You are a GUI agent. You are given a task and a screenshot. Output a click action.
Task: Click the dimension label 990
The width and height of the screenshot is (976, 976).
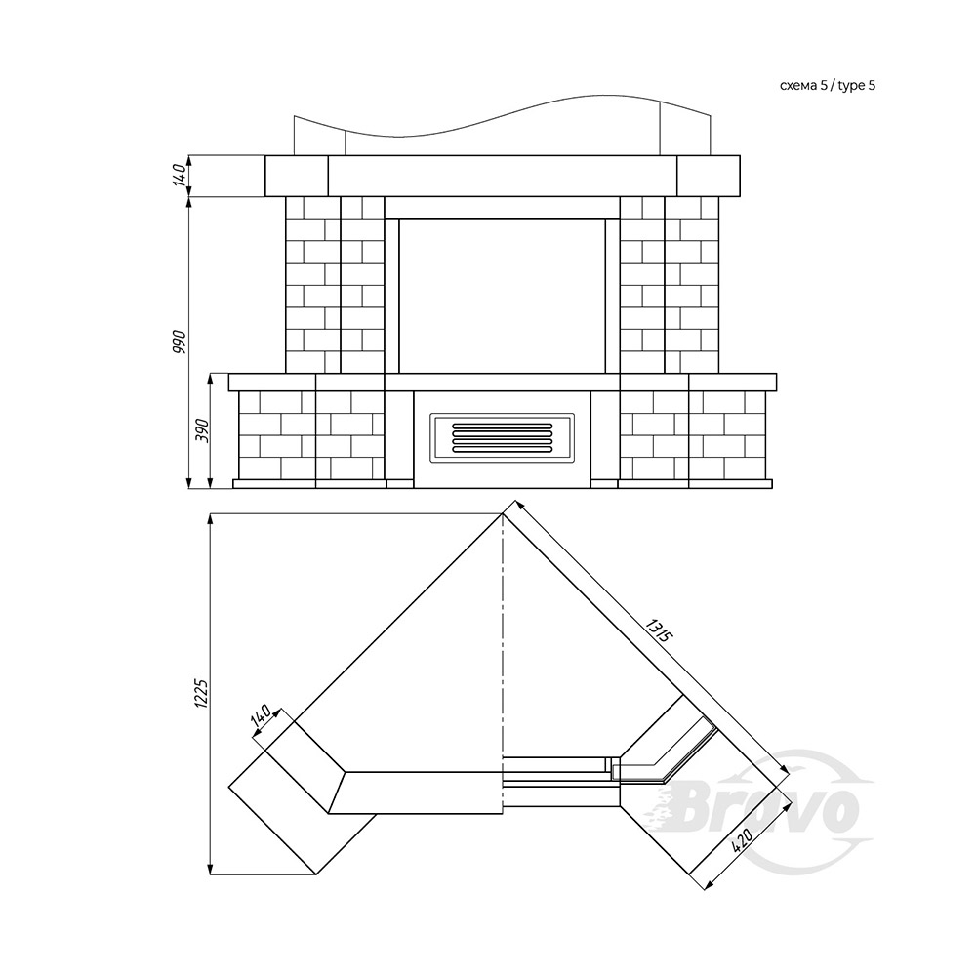(180, 341)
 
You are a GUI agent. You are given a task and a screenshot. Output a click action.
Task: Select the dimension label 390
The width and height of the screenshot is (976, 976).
(203, 430)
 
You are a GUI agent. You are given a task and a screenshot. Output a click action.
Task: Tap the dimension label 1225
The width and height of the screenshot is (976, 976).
(200, 692)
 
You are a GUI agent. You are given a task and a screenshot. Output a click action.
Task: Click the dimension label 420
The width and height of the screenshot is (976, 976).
(744, 841)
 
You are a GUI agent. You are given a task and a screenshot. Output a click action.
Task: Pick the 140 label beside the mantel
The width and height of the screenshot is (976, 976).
(180, 175)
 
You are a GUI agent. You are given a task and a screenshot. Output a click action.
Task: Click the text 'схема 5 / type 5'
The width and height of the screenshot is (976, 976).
(828, 86)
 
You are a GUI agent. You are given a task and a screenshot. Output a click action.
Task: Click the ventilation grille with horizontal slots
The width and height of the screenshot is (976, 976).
(502, 436)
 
